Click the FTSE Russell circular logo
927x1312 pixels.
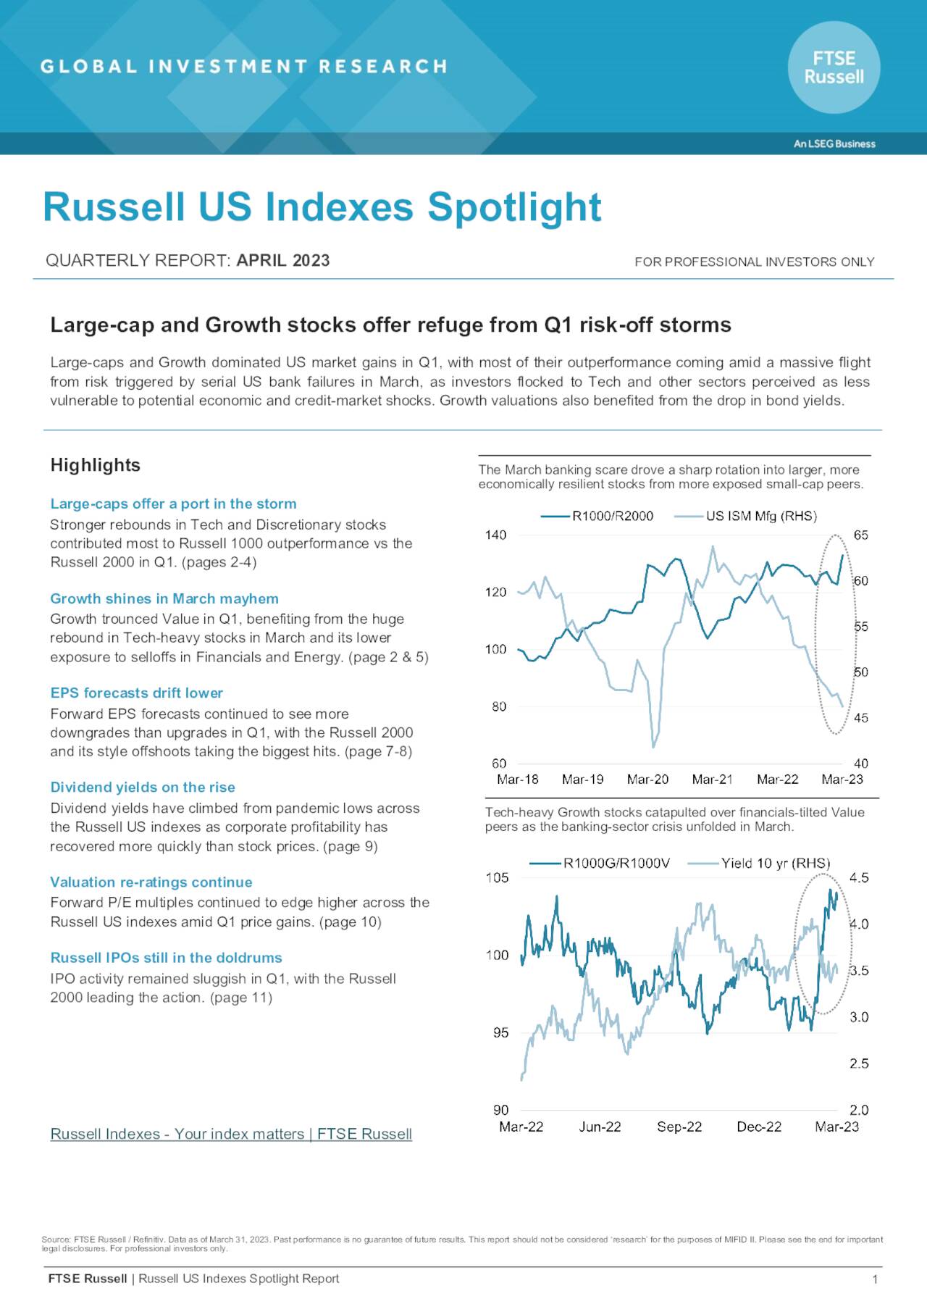tap(834, 67)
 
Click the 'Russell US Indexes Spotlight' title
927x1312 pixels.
tap(322, 207)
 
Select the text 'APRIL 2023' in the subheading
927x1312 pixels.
tap(283, 261)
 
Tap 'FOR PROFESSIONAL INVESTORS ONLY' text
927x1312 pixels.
tap(754, 262)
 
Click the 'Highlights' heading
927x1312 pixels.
tap(95, 465)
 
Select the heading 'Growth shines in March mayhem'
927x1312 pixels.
tap(164, 598)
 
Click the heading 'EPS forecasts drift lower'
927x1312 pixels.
tap(136, 693)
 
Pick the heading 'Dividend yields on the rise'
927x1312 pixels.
tap(142, 787)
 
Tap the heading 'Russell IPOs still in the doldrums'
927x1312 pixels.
tap(166, 958)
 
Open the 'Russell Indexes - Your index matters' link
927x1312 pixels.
tap(230, 1134)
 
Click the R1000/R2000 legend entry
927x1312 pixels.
tap(597, 516)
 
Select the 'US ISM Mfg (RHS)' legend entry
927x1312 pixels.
tap(746, 516)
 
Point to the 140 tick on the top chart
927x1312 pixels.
tap(495, 535)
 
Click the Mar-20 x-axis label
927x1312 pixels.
tap(647, 780)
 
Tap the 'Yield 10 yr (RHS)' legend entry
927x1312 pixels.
tap(759, 863)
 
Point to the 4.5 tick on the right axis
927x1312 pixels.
tap(859, 878)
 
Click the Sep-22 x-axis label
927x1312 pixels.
tap(679, 1127)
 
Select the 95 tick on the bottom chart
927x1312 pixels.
tap(500, 1032)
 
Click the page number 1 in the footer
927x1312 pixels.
tap(875, 1279)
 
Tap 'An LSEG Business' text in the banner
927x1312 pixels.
tap(834, 143)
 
